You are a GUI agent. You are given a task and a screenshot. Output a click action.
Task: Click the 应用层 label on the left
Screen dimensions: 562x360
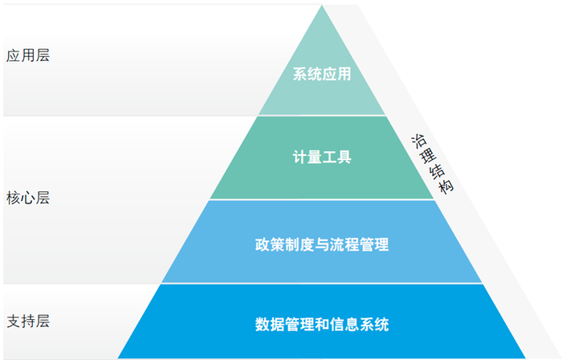28,56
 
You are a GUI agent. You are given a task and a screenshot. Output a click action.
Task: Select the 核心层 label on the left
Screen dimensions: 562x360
28,198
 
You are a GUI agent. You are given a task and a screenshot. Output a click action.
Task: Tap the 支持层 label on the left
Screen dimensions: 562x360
28,321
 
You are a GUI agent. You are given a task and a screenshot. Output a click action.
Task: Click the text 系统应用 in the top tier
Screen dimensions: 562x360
322,74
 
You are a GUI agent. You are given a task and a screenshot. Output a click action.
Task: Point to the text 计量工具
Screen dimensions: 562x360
322,157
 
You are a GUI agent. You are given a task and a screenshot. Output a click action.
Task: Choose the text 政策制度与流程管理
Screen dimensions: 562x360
322,244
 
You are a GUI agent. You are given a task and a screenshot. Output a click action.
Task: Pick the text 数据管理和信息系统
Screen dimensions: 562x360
322,325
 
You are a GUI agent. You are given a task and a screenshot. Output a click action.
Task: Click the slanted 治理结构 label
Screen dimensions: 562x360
432,164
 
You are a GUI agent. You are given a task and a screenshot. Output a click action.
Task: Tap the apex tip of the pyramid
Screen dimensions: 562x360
322,5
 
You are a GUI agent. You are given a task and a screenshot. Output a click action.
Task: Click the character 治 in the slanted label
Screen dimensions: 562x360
418,141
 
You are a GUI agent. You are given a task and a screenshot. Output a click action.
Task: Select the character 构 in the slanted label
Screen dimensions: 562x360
446,186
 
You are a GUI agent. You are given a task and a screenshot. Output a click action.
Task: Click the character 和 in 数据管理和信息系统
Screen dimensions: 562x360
322,325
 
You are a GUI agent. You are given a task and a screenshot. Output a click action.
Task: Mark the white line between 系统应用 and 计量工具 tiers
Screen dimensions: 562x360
322,116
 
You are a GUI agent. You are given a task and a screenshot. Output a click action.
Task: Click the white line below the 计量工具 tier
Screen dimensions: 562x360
322,199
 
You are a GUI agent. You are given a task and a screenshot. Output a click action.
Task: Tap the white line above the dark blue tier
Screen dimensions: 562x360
322,284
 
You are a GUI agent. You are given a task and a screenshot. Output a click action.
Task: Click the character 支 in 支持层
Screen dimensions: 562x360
14,321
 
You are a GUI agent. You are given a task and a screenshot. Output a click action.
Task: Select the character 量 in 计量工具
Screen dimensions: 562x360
315,157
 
